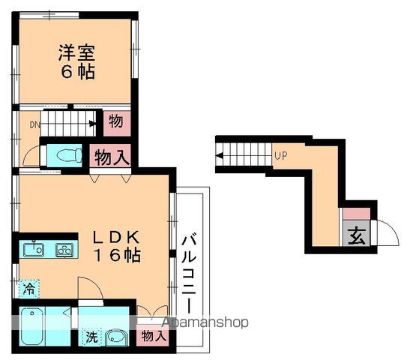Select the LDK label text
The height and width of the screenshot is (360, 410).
click(117, 236)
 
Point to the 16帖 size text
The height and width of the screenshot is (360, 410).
click(117, 255)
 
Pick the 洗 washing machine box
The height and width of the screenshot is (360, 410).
click(89, 337)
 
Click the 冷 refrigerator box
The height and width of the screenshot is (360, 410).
click(28, 286)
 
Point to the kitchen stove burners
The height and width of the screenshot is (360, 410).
click(64, 250)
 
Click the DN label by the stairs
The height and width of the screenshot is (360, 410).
click(34, 125)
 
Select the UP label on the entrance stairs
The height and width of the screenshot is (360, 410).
click(280, 156)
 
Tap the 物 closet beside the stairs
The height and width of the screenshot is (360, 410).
click(116, 121)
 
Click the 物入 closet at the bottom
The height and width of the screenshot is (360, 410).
click(154, 337)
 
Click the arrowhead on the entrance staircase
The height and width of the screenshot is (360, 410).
click(220, 157)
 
